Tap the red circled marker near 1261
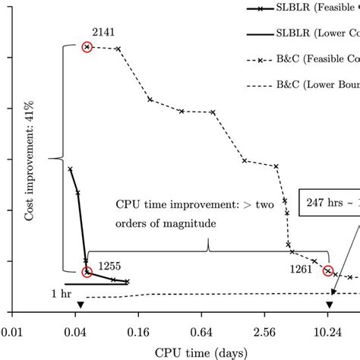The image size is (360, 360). (x=328, y=270)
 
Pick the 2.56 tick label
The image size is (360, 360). (x=264, y=332)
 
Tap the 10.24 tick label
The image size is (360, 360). (x=327, y=332)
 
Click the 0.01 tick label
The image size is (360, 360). (x=11, y=332)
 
